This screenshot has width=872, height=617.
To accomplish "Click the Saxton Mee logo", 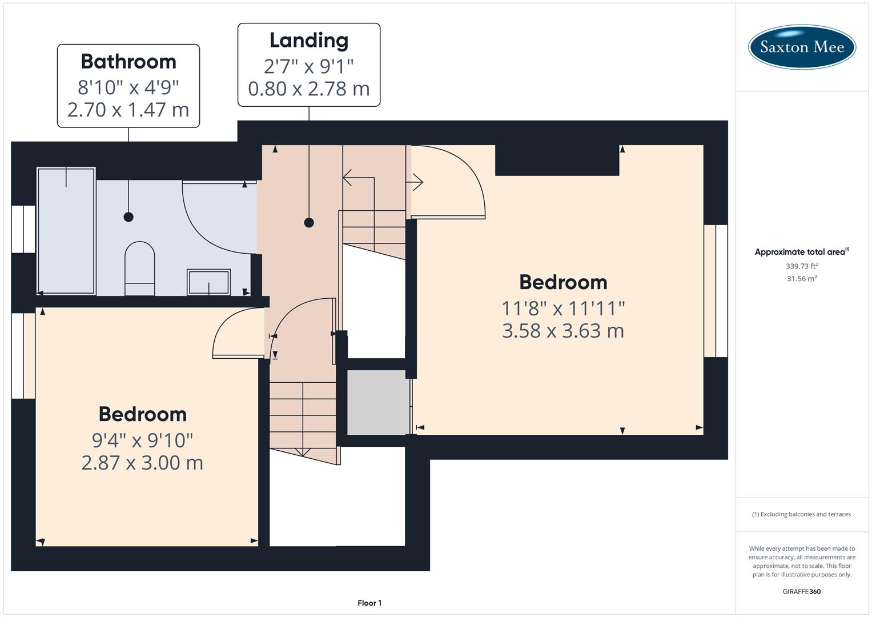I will click(802, 47).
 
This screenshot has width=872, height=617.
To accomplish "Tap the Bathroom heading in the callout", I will click(128, 62).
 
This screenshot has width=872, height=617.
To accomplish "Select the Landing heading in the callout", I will click(309, 41).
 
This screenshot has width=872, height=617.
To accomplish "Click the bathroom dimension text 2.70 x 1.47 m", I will click(128, 110).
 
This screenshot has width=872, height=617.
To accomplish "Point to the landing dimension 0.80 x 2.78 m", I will click(309, 89).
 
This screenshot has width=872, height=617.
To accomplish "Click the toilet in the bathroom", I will click(139, 269).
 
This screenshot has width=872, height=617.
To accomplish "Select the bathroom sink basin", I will click(209, 282).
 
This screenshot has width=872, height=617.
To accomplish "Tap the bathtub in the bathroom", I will click(66, 231).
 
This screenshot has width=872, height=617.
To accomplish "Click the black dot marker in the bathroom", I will click(128, 217).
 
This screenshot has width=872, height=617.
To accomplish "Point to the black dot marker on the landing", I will click(309, 223).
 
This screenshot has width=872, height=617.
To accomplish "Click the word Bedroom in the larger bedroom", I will click(563, 282).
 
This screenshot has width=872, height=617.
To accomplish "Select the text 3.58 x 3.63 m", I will click(563, 331).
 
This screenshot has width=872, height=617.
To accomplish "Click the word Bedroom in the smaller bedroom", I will click(143, 414).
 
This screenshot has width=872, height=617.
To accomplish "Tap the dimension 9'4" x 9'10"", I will click(143, 440).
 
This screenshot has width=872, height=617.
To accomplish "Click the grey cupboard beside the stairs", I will click(378, 403).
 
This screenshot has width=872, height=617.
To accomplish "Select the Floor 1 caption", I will click(369, 603).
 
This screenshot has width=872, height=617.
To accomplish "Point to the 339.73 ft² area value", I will click(802, 266).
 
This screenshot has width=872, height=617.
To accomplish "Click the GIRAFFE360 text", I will click(802, 591).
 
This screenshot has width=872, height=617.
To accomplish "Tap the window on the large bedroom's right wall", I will click(716, 291).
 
